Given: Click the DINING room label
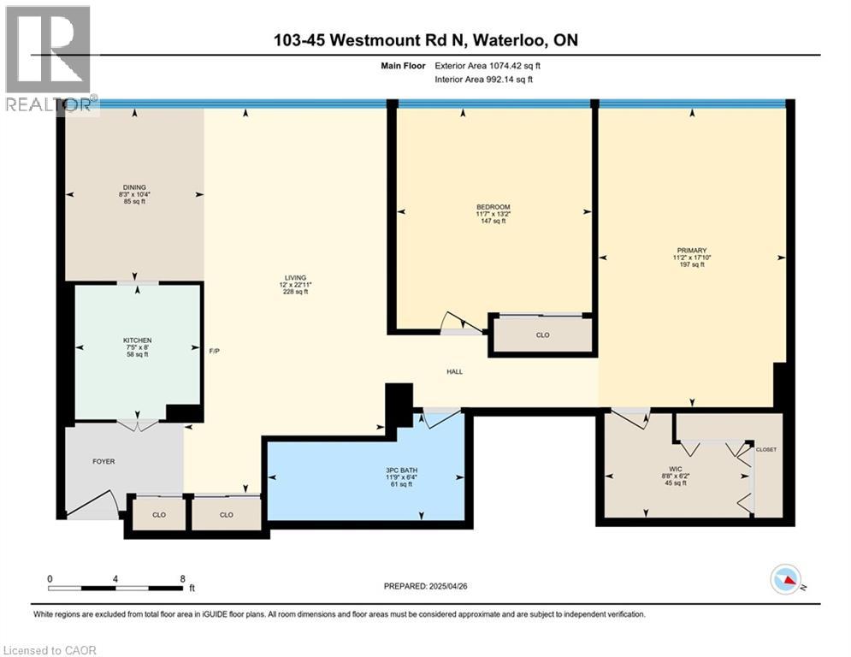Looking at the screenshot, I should pyautogui.click(x=133, y=187).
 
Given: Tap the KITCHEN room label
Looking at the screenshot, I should pyautogui.click(x=137, y=340).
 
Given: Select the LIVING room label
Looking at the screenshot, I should pyautogui.click(x=295, y=277).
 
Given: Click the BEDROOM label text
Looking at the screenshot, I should pyautogui.click(x=493, y=207).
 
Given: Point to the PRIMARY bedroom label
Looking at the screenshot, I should pyautogui.click(x=691, y=251).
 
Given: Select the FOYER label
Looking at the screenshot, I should pyautogui.click(x=103, y=462).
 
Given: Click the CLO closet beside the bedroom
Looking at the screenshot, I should pyautogui.click(x=542, y=335).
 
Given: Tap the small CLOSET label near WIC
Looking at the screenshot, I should pyautogui.click(x=766, y=449).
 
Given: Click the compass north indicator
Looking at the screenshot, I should pyautogui.click(x=784, y=580).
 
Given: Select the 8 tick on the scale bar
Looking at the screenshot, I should pyautogui.click(x=182, y=578).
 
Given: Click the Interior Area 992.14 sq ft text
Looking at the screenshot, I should pyautogui.click(x=483, y=80).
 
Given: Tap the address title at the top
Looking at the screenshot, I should pyautogui.click(x=425, y=40).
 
